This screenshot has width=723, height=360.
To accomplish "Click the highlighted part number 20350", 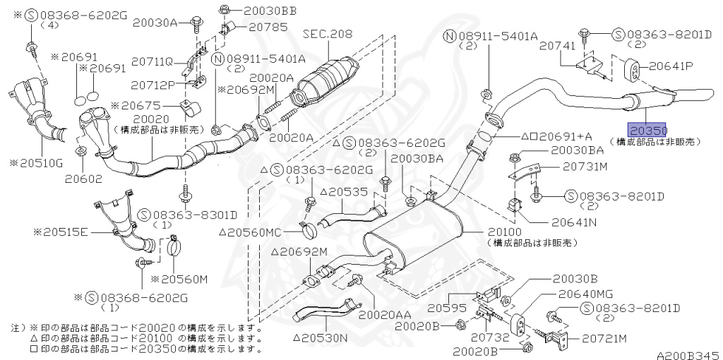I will pyautogui.click(x=648, y=131).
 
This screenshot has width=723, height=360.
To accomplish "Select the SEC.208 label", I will pyautogui.click(x=328, y=33).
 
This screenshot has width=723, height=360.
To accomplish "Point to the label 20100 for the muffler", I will pyautogui.click(x=504, y=231).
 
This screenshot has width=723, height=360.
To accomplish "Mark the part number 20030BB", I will pyautogui.click(x=262, y=11).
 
